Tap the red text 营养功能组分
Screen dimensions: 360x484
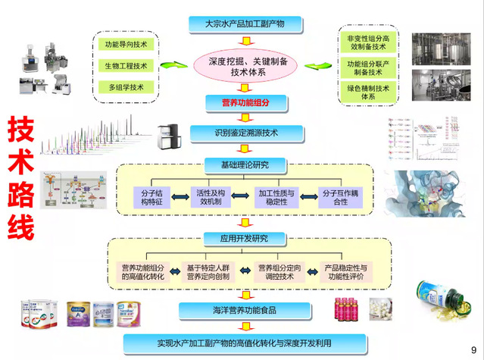pos(240,101)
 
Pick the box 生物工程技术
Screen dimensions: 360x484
pos(126,66)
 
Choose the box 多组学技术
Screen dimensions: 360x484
pos(126,87)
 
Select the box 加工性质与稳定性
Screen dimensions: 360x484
pos(276,197)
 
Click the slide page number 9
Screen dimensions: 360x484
pos(473,349)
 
